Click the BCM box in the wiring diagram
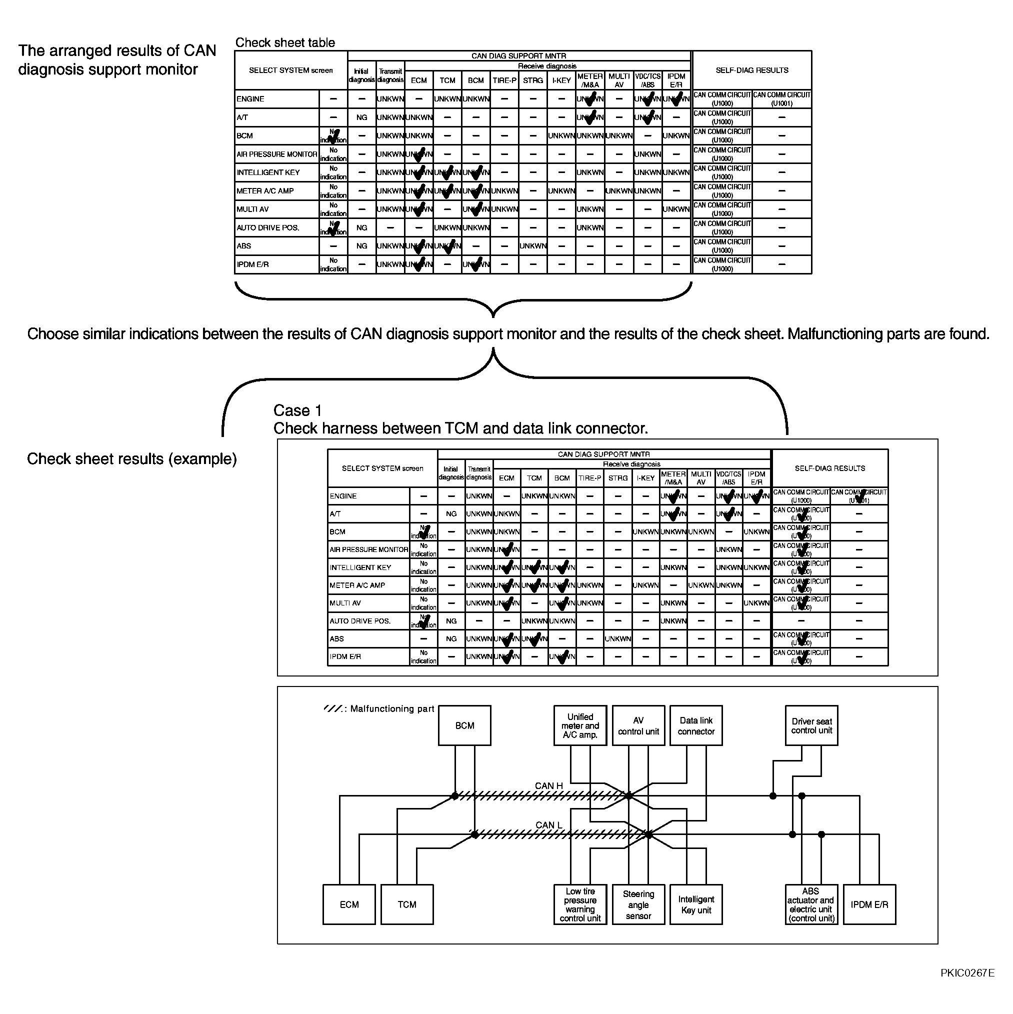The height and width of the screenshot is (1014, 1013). (464, 725)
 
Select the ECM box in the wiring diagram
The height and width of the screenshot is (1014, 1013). (349, 905)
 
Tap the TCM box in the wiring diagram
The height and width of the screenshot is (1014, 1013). (407, 905)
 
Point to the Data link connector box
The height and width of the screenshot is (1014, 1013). (696, 726)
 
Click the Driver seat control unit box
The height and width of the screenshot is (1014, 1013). (811, 726)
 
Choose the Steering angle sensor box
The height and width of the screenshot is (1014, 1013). (638, 905)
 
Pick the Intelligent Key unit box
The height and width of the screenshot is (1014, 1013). (696, 905)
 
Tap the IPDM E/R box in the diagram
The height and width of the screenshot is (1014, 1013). (869, 905)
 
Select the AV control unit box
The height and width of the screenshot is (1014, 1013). (638, 726)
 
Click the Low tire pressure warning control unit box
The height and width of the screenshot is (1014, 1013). (580, 905)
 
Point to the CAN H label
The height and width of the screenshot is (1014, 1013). (548, 785)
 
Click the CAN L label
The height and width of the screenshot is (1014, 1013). (548, 825)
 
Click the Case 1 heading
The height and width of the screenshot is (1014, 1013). (297, 410)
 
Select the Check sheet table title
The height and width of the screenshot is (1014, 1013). (285, 42)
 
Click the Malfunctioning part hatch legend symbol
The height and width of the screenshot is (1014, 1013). (334, 708)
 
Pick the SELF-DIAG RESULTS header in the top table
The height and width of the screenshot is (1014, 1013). (751, 70)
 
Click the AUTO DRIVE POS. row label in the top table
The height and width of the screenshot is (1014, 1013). (267, 228)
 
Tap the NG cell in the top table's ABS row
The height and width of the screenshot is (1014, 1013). (361, 246)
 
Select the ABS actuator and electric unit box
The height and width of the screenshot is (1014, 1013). (811, 905)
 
